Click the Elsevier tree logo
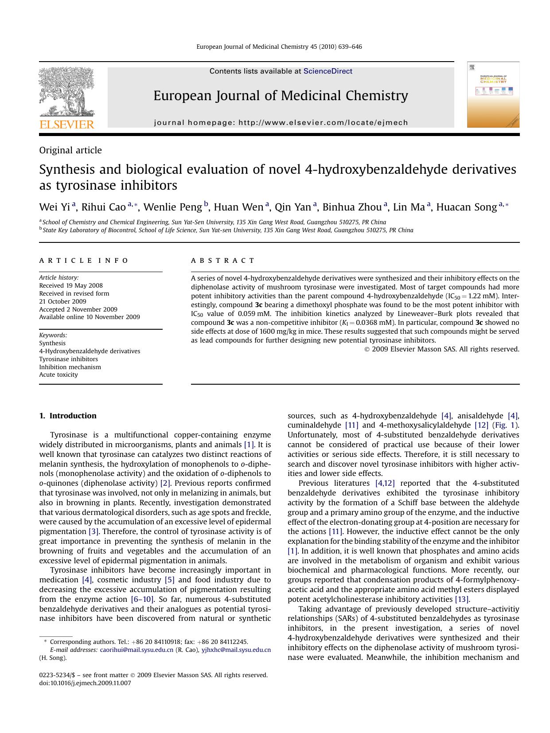(x=66, y=92)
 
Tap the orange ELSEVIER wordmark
(x=67, y=125)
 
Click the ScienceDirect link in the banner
(x=328, y=71)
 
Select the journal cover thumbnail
(x=493, y=95)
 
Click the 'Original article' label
(x=70, y=150)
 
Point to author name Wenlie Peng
(x=173, y=207)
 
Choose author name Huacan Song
(x=466, y=207)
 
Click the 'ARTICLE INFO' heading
(x=84, y=261)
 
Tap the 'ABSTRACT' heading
(x=223, y=261)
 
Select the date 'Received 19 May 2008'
(x=71, y=286)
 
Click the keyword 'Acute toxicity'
(x=59, y=375)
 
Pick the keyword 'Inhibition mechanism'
(x=70, y=367)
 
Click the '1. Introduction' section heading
(x=68, y=416)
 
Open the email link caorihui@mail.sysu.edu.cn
(x=137, y=650)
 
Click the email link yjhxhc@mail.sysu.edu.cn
(x=236, y=650)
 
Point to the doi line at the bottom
(x=85, y=683)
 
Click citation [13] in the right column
(x=461, y=599)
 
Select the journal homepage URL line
(x=281, y=123)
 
